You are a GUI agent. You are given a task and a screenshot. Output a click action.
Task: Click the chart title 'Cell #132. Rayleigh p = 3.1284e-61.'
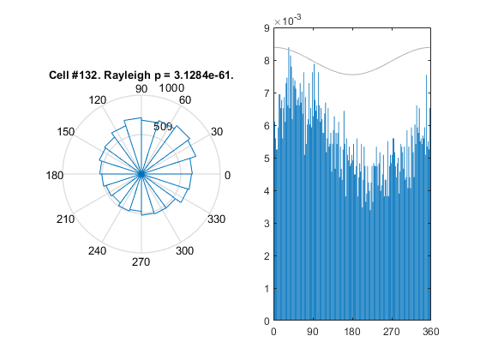point(141,75)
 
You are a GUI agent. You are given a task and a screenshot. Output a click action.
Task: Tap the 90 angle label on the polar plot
point(141,89)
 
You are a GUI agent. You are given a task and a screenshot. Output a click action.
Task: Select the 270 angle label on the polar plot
point(141,262)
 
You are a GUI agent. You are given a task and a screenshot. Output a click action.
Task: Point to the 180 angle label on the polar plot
point(55,176)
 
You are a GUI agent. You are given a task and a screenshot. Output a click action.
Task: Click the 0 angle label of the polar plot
point(227,176)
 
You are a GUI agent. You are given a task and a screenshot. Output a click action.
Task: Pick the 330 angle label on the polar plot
point(216,219)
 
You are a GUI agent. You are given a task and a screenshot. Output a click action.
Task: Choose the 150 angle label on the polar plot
point(65,132)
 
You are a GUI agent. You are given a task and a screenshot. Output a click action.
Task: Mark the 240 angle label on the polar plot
point(98,251)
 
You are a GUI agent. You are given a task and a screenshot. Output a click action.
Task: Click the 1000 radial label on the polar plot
point(171,88)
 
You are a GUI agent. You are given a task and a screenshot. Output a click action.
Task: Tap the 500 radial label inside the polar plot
point(163,126)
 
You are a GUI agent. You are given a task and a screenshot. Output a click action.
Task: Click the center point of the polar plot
point(141,174)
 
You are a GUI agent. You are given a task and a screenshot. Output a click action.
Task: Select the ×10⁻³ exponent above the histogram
point(287,21)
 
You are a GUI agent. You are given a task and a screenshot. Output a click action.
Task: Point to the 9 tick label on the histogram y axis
point(267,28)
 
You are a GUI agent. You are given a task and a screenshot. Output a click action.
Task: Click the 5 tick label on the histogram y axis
point(267,159)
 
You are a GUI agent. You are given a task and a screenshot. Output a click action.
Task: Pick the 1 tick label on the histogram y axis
point(267,289)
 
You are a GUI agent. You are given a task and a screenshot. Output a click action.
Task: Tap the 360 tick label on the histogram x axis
point(430,332)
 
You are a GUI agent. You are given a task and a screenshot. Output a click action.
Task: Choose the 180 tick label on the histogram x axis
point(352,332)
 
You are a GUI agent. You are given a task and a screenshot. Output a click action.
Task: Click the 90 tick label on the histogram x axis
point(313,332)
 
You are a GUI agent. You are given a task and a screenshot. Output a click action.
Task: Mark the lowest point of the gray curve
point(352,75)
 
